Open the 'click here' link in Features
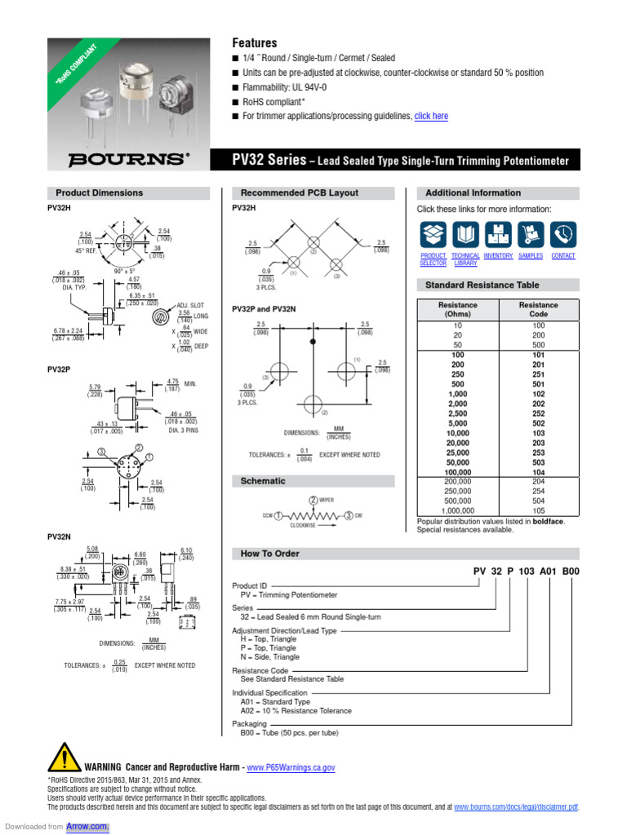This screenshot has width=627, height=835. pos(431,117)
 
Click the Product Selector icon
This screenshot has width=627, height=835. pos(433,235)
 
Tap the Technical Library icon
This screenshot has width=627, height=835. pos(465,235)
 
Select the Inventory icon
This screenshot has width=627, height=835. pos(497,235)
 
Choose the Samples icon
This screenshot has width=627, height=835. pos(531,235)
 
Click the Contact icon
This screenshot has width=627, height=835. pos(563,235)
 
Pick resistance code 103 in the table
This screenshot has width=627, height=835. pos(539,433)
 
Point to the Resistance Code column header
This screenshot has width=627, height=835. pos(539,309)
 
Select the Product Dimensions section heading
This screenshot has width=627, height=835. pos(99,193)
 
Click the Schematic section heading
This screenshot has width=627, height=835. pos(263,481)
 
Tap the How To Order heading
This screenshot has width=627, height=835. pos(269,554)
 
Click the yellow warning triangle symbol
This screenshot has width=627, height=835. pos(64,758)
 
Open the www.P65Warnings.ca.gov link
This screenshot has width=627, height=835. pos(291,767)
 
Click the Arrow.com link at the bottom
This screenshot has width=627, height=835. pos(92,826)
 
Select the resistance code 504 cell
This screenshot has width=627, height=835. pos(539,501)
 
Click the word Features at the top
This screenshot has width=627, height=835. pos(255,42)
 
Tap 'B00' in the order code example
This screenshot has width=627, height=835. pos(569,572)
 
